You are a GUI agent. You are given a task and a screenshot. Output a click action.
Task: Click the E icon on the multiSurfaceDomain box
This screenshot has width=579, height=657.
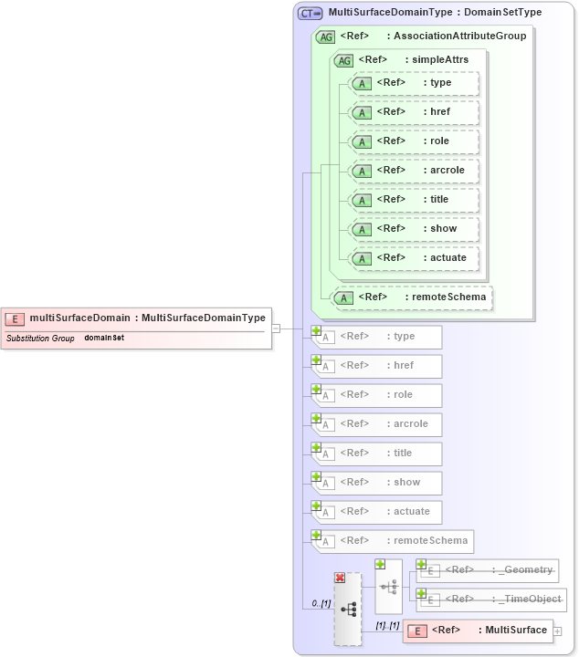tap(15, 318)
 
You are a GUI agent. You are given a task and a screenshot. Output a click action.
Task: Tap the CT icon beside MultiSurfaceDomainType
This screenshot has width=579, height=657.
tap(311, 13)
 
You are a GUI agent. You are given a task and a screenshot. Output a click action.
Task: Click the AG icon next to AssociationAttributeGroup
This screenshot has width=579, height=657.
tap(325, 36)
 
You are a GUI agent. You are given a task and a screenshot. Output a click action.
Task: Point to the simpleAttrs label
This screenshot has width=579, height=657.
tap(439, 59)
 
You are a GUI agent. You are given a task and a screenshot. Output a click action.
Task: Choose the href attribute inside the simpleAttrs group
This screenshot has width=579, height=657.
tap(416, 112)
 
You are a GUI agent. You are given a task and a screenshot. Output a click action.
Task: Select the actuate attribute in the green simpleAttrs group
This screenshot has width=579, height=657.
tap(416, 258)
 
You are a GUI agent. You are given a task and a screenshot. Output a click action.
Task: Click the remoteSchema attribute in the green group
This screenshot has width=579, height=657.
tap(413, 297)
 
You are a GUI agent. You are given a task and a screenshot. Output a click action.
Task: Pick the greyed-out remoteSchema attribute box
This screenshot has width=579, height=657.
tap(394, 541)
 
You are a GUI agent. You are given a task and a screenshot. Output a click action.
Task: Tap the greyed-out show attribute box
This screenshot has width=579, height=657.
tap(378, 483)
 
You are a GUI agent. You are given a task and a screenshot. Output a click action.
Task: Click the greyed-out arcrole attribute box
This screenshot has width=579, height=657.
tap(378, 424)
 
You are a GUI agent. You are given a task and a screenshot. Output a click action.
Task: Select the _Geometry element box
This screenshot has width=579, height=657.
tap(490, 570)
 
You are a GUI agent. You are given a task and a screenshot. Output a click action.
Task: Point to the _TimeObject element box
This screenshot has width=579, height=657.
tap(493, 600)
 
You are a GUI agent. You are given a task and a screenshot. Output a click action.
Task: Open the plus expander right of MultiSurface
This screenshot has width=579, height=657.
tap(557, 631)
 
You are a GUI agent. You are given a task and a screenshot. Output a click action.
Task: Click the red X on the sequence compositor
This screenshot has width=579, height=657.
tap(340, 579)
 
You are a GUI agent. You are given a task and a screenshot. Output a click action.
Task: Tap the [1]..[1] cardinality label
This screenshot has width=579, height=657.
tap(388, 625)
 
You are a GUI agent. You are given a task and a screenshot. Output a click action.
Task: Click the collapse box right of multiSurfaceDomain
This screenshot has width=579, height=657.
tap(276, 328)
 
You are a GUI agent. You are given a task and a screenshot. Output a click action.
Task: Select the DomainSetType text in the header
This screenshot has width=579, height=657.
tap(502, 13)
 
